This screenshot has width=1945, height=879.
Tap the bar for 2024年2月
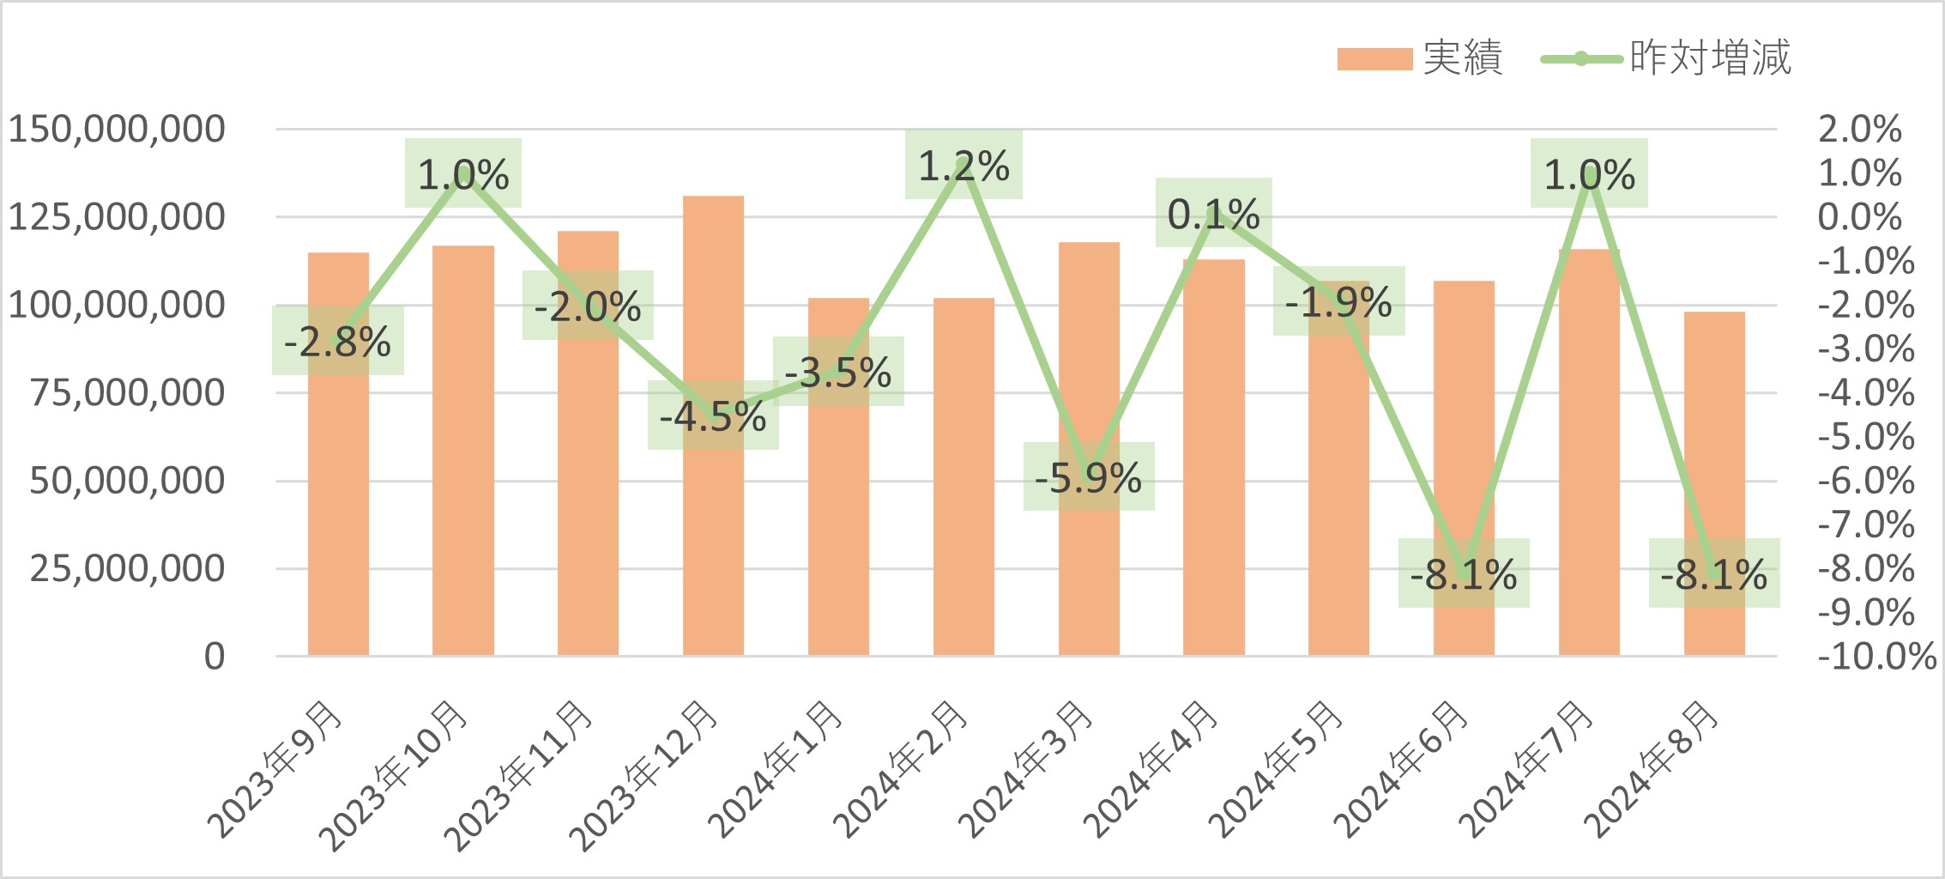[x=963, y=515]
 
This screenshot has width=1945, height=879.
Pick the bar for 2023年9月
[x=338, y=515]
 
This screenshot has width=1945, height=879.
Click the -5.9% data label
[x=1088, y=477]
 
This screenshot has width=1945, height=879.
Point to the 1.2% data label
[x=963, y=165]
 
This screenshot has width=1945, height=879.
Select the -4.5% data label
[x=713, y=415]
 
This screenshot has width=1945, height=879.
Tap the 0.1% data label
[x=1213, y=213]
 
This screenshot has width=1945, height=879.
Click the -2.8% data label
[x=337, y=341]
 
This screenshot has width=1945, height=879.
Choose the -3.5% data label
[x=838, y=372]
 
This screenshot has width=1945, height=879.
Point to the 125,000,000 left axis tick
[x=117, y=217]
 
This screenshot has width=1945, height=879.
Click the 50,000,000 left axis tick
[x=127, y=481]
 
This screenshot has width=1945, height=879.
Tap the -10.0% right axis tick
[x=1876, y=657]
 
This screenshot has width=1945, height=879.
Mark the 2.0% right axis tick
[x=1859, y=130]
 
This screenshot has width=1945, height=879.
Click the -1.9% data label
[x=1338, y=301]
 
